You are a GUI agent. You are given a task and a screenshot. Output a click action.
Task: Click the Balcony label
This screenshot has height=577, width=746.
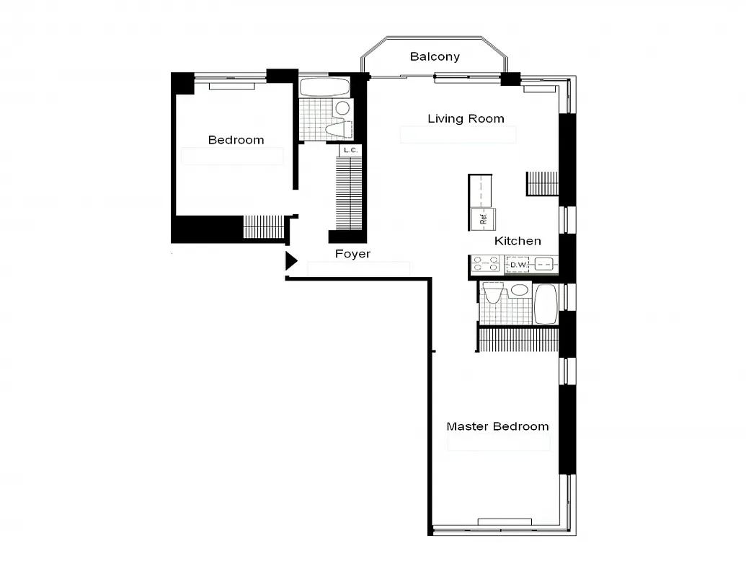pos(435,56)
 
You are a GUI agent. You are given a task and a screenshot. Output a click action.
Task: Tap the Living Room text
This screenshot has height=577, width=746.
pos(466,118)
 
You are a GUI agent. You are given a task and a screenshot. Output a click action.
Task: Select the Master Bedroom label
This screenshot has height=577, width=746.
pos(497,426)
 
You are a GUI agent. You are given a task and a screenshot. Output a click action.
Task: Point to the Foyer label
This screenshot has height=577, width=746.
pos(352,254)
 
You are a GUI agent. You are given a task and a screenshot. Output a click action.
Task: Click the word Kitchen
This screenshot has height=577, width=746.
pos(518,241)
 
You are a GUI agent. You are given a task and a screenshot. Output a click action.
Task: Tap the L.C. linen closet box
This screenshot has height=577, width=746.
pos(350,150)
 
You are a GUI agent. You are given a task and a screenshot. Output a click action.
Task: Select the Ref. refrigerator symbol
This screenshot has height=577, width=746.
pos(483,218)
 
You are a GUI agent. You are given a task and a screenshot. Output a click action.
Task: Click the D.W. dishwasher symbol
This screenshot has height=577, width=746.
pos(518,265)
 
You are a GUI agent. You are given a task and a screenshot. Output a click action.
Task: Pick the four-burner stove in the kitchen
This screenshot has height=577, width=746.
pos(485,265)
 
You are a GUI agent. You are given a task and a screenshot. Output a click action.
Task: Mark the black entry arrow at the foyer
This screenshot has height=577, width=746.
pos(290,261)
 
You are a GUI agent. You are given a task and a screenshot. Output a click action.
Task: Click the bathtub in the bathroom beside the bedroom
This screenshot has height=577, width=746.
pos(324,88)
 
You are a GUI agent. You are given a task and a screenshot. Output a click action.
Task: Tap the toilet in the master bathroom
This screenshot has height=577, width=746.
pos(494,293)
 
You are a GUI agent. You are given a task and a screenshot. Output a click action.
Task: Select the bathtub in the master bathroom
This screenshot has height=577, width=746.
pos(546,303)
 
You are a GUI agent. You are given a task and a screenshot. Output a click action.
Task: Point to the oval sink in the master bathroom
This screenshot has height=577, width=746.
pos(518,291)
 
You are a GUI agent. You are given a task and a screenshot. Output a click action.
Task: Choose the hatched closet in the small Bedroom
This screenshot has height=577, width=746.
pos(264,226)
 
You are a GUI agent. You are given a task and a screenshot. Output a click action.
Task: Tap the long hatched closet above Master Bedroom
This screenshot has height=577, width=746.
pos(519,340)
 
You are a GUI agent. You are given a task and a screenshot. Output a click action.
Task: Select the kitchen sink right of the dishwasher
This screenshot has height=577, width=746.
pos(545,265)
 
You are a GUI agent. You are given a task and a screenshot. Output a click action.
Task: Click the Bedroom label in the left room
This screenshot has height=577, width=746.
pos(236,140)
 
